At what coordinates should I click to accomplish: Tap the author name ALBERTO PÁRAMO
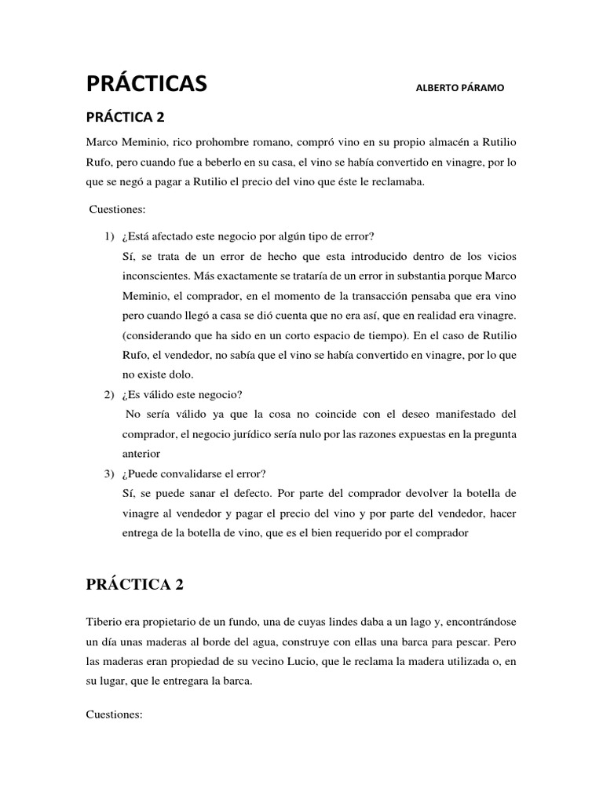460,87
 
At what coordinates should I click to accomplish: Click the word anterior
141,454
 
